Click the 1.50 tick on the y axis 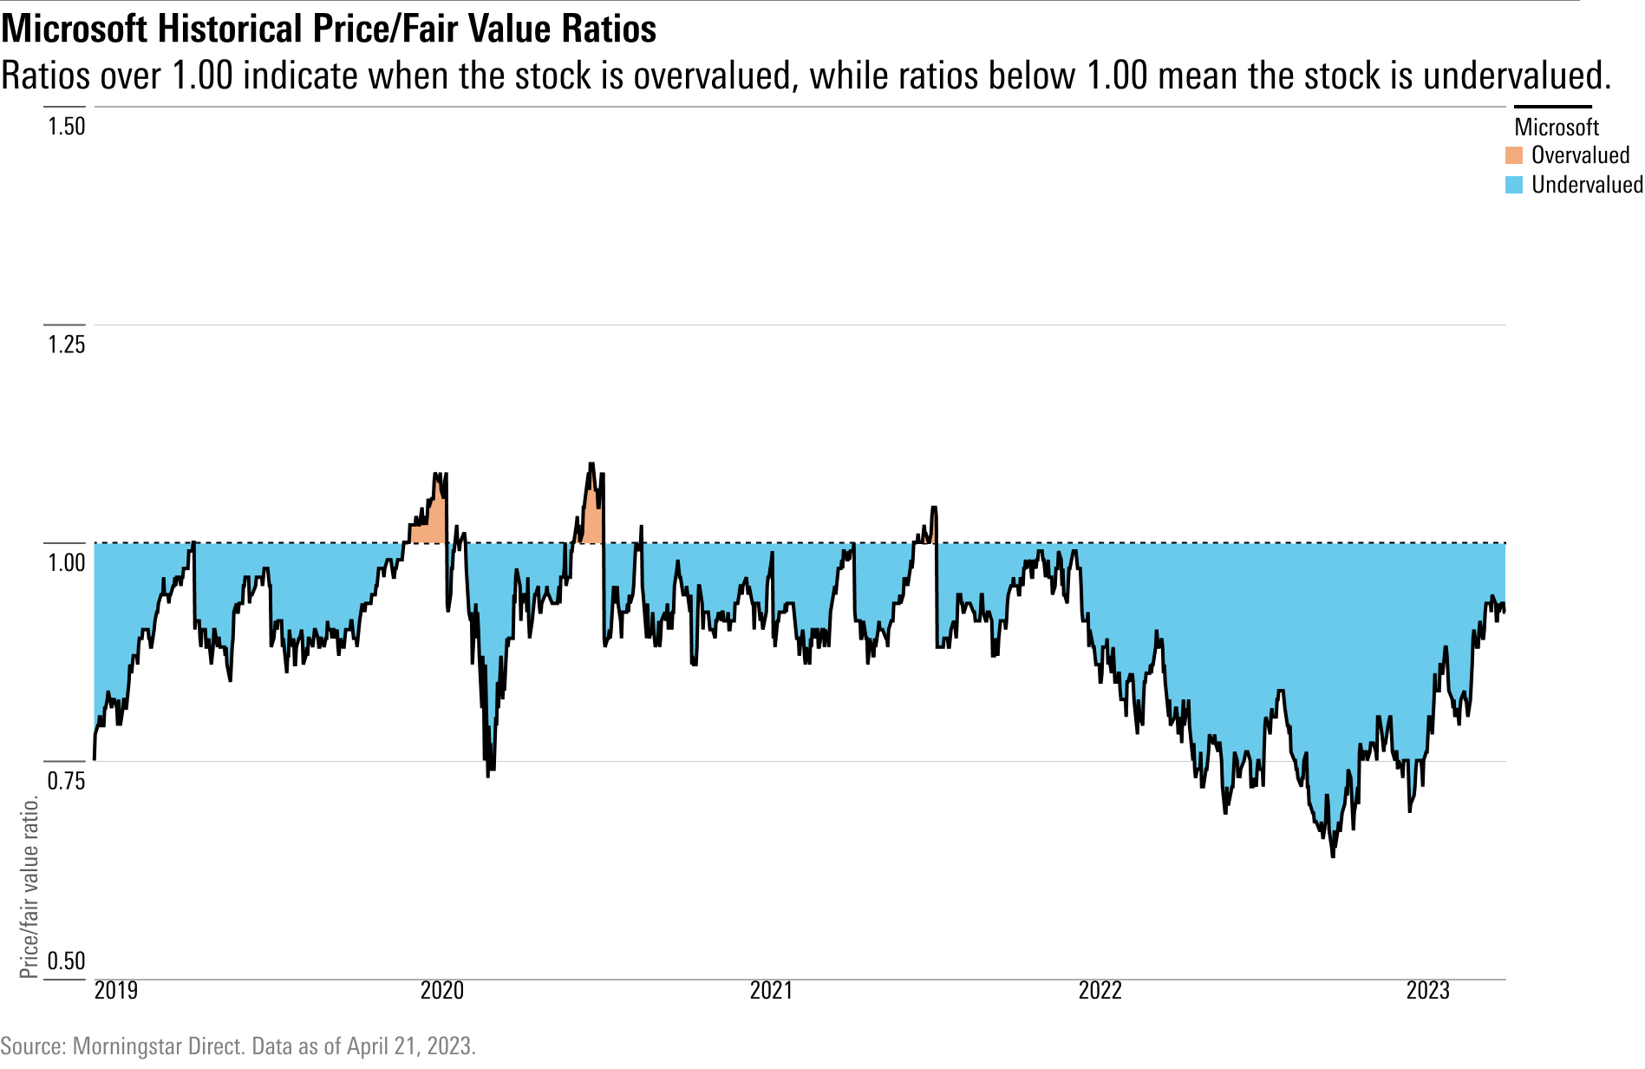coord(66,127)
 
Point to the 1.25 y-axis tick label coord(66,344)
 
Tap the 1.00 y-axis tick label coord(66,562)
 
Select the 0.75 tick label coord(66,780)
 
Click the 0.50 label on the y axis coord(66,961)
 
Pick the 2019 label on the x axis coord(115,990)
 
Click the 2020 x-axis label coord(442,990)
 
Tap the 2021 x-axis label coord(771,990)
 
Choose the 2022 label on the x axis coord(1100,990)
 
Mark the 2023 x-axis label coord(1427,990)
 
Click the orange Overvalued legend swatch coord(1514,155)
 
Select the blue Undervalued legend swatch coord(1514,185)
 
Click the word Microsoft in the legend coord(1557,128)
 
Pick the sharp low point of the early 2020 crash coord(488,775)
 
